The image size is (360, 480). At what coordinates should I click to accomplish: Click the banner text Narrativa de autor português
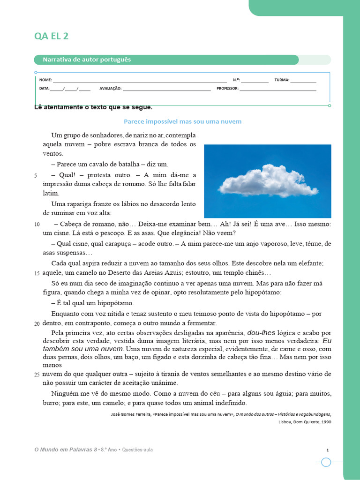(87, 60)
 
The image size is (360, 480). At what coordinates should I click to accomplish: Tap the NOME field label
(45, 80)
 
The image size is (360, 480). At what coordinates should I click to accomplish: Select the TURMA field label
(282, 80)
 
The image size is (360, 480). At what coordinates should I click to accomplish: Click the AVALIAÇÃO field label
(110, 88)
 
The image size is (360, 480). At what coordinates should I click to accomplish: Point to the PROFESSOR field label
(227, 88)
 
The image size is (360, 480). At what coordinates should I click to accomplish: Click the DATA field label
(44, 88)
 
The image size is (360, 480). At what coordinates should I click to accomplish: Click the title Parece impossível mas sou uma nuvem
(182, 121)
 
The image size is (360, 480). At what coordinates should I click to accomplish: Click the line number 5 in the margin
(36, 176)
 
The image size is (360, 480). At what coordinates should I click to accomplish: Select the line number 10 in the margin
(37, 225)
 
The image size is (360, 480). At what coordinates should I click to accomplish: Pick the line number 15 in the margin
(37, 273)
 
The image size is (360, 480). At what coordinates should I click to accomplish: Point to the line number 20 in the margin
(37, 324)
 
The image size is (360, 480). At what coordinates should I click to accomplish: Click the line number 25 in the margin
(37, 374)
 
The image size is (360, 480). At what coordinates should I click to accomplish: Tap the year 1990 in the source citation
(326, 422)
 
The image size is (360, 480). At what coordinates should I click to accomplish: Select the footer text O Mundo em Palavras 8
(66, 450)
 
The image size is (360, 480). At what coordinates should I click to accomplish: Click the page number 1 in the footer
(328, 450)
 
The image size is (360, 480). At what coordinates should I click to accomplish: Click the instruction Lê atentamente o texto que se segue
(94, 107)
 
